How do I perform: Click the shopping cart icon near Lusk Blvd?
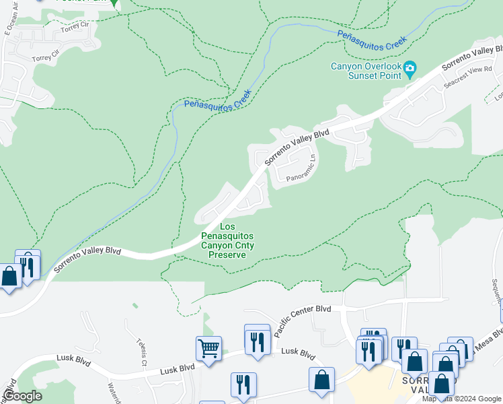[209, 349]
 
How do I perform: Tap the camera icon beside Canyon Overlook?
[410, 69]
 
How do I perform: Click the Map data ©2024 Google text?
[461, 399]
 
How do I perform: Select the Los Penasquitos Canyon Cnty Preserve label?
[227, 241]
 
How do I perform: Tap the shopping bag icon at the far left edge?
[9, 276]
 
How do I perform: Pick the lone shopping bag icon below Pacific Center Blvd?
[322, 378]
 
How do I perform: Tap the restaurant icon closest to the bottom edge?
[243, 384]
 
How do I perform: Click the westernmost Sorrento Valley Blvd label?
[87, 260]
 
